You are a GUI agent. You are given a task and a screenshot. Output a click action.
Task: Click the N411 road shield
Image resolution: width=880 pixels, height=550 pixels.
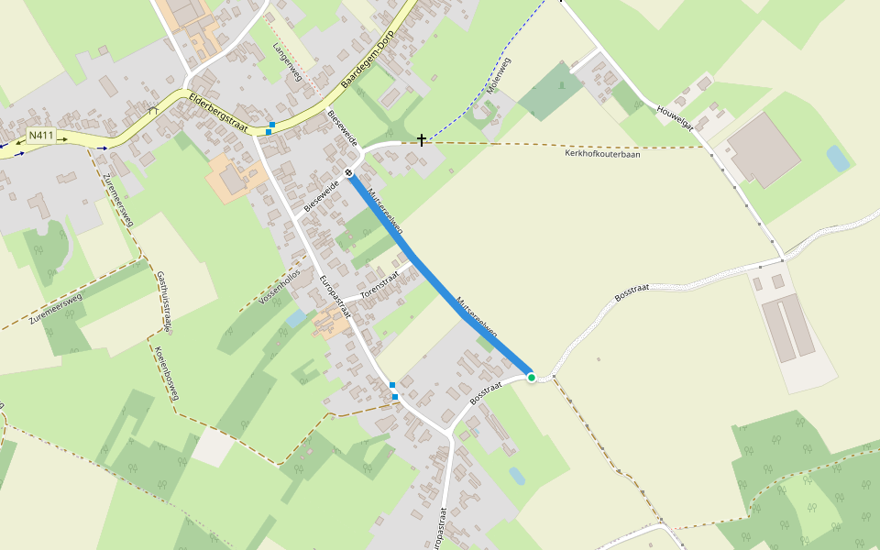coord(39,136)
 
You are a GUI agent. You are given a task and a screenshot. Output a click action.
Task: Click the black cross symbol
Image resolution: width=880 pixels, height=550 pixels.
coord(422,140)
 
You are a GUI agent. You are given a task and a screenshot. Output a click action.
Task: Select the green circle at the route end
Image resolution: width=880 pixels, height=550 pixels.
coord(531,377)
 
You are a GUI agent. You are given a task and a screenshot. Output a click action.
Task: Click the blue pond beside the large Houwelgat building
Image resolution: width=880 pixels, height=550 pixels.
coord(837,158)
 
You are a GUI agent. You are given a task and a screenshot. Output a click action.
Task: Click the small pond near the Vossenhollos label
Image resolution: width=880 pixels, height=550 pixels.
coord(295,318)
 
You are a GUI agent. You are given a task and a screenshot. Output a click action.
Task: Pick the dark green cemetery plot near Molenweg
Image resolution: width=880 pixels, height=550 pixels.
coord(550,92)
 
